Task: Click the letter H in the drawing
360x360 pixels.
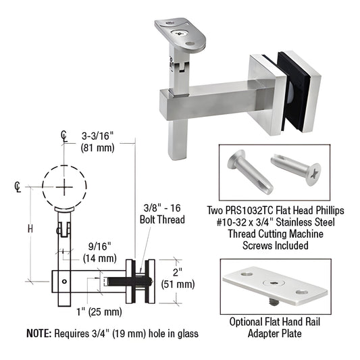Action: coord(30,229)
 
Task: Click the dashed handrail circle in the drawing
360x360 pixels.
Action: coord(63,184)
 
